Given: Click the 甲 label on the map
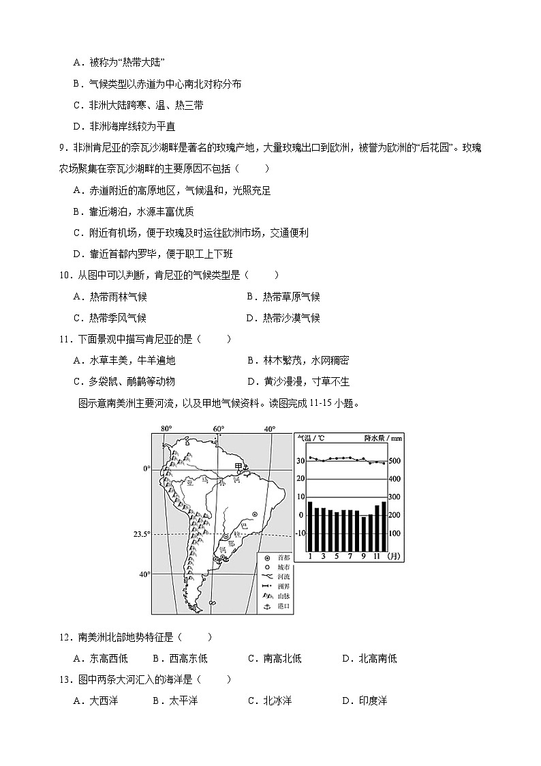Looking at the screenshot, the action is tap(238, 465).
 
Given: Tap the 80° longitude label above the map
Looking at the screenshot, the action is tap(166, 429).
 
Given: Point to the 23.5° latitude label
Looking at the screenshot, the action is tap(141, 534).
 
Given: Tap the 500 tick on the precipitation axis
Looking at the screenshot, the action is tap(395, 462).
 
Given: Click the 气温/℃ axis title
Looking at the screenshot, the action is tap(308, 439).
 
